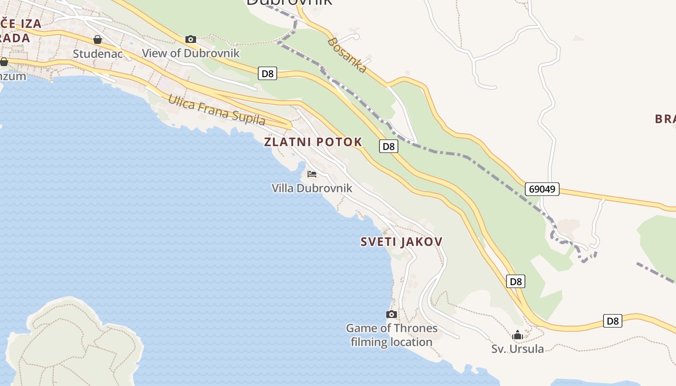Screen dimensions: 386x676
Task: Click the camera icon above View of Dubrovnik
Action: [x=191, y=39]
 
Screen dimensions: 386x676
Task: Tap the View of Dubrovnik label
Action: [x=191, y=53]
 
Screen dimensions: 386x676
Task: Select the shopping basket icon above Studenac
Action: [x=98, y=40]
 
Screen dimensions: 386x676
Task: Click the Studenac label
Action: [x=98, y=54]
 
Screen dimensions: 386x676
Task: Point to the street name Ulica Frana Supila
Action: [x=216, y=110]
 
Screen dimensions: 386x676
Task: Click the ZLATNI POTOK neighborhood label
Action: [x=313, y=142]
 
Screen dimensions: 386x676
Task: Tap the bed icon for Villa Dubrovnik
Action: [x=312, y=174]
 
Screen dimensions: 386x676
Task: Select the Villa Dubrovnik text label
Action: [x=312, y=188]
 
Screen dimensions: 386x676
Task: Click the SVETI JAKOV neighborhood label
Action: [x=401, y=242]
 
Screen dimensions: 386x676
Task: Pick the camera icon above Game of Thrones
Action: [x=392, y=315]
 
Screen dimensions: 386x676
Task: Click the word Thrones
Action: [x=416, y=329]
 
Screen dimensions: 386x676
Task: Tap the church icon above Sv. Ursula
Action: [x=518, y=334]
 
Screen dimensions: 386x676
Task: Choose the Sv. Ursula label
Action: [x=518, y=348]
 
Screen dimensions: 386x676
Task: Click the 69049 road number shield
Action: [x=542, y=189]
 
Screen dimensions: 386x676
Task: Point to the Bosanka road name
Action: [x=347, y=55]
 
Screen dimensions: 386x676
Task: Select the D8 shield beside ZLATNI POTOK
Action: [x=388, y=146]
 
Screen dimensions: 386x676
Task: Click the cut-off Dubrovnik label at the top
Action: [x=289, y=2]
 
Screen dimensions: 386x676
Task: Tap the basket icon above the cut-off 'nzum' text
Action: [x=4, y=62]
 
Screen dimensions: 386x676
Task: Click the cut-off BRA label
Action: [x=665, y=119]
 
